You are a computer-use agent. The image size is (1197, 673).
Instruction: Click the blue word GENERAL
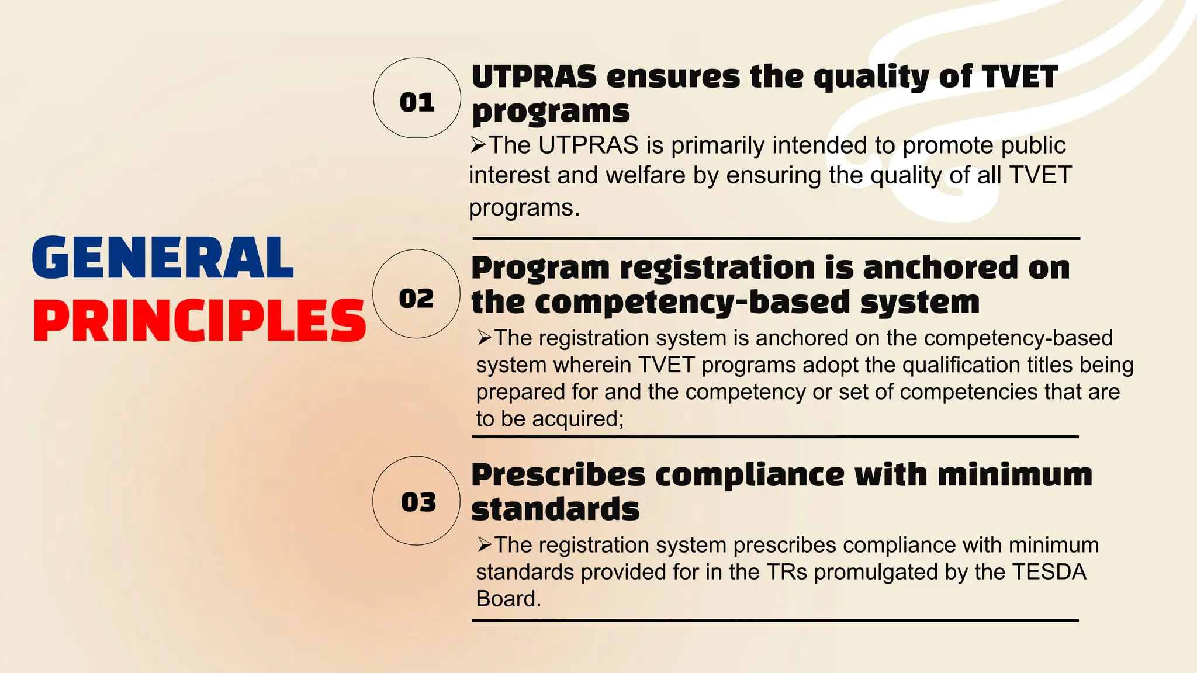point(162,258)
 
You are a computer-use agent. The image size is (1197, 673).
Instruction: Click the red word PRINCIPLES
point(199,321)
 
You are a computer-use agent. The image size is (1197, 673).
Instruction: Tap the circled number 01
point(417,103)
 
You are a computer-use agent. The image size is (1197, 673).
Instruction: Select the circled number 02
point(416,299)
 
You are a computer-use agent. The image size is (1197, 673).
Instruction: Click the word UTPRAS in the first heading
point(534,77)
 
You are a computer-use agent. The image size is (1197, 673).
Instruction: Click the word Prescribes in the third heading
point(558,474)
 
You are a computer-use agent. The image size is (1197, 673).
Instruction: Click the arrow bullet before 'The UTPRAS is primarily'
point(478,145)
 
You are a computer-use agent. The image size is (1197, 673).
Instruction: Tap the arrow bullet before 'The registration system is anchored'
point(485,338)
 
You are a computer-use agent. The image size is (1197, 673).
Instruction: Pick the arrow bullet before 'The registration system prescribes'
point(485,544)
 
